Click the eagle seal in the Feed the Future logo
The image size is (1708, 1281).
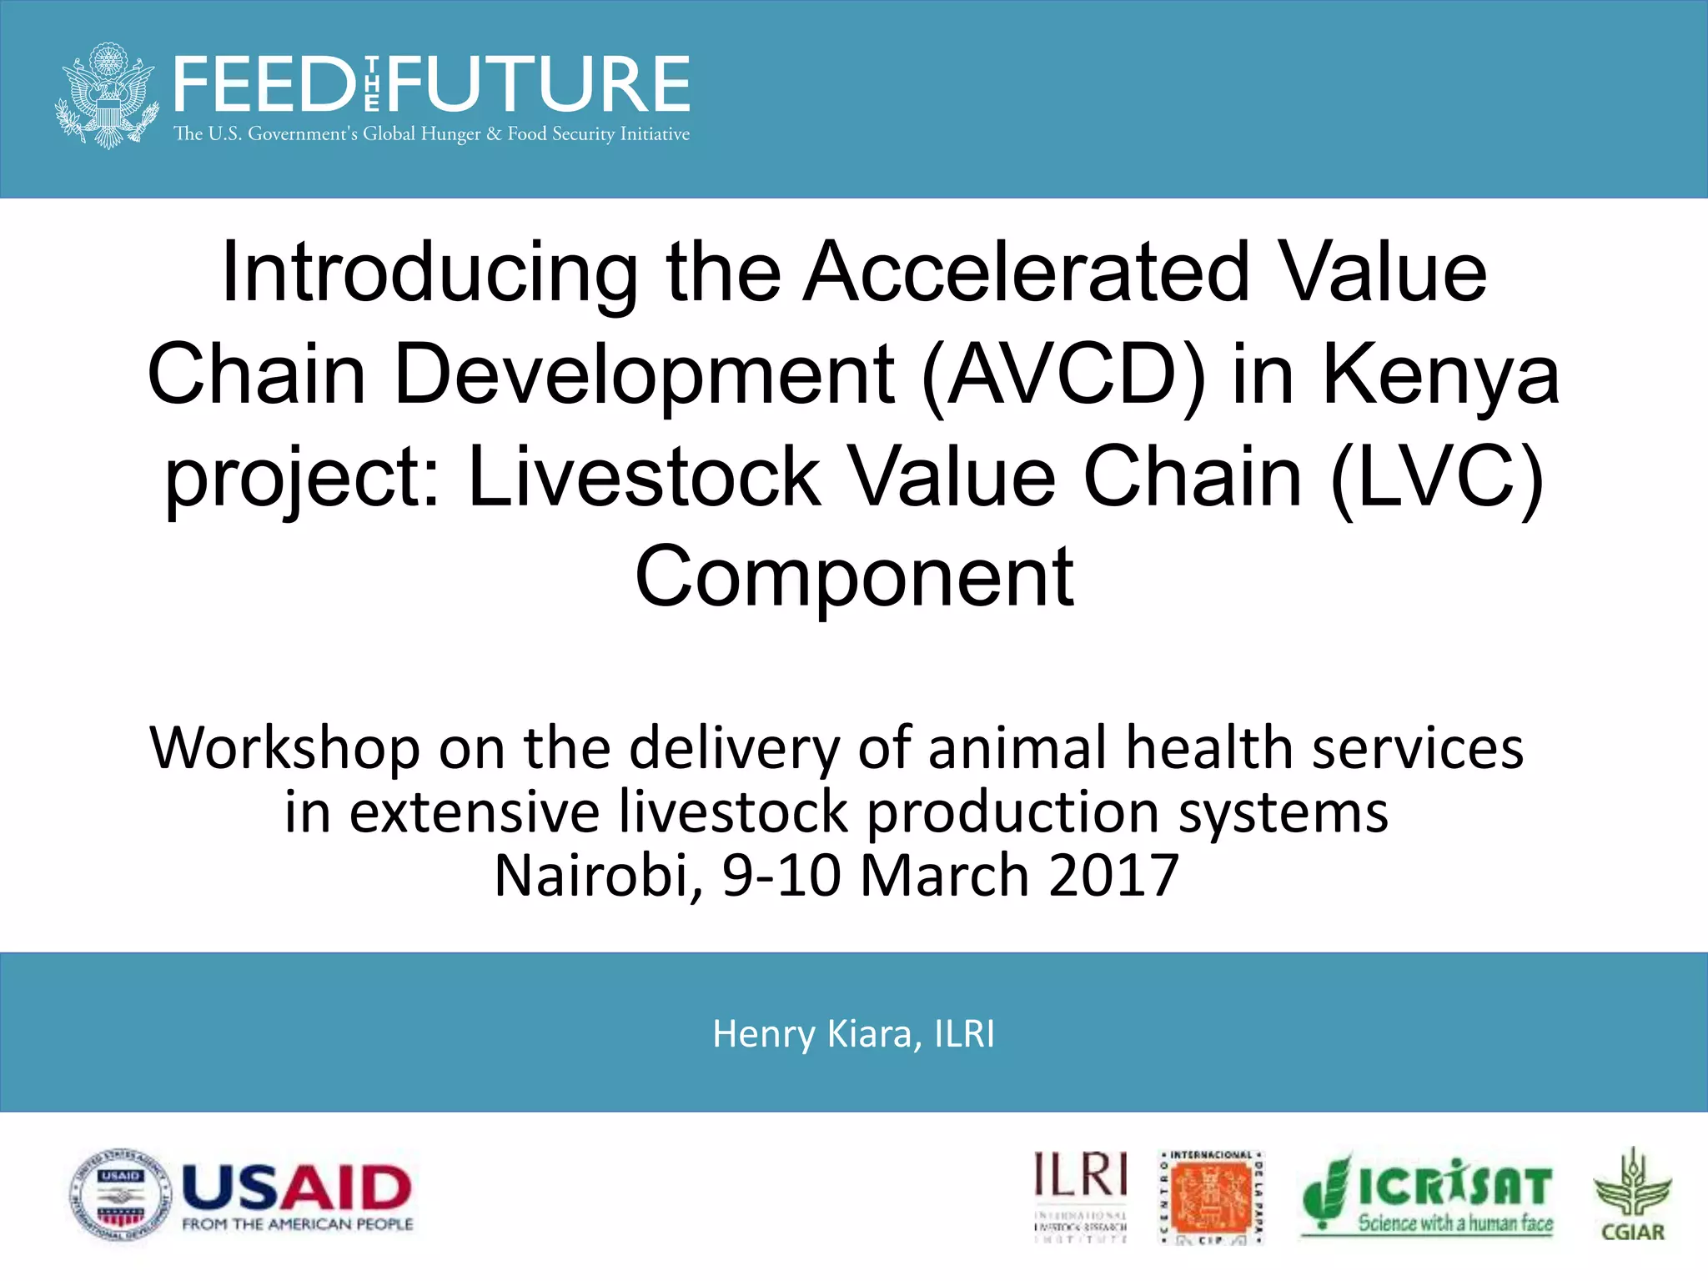tap(107, 96)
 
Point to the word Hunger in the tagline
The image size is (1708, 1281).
tap(450, 134)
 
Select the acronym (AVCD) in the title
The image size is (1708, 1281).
tap(1064, 375)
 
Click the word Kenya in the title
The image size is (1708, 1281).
tap(1440, 375)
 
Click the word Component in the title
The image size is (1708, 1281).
tap(854, 577)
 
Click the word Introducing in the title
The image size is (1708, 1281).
tap(430, 274)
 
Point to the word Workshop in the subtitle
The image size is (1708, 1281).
tap(284, 748)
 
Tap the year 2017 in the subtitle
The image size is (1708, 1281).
tap(1113, 876)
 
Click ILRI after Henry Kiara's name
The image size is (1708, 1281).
tap(964, 1034)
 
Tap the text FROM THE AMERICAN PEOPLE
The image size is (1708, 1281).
tap(298, 1224)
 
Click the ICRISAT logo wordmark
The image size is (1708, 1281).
tap(1454, 1187)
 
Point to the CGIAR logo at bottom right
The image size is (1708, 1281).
tap(1632, 1195)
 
